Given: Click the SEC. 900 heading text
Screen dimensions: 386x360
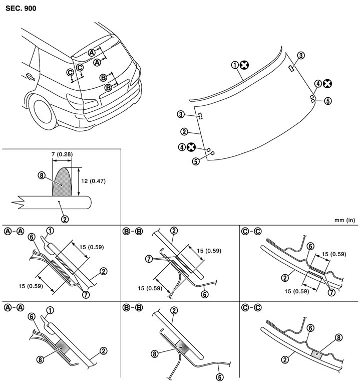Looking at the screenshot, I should pos(22,8).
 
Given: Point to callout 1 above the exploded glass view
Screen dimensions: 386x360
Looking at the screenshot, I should pos(234,65).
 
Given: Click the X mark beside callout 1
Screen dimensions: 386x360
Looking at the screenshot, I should pos(243,65).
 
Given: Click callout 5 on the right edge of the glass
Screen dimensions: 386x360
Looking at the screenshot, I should pos(327,101).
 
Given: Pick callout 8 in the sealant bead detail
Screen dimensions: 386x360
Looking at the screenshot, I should pos(41,175).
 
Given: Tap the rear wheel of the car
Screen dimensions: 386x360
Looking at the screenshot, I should pos(44,111).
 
